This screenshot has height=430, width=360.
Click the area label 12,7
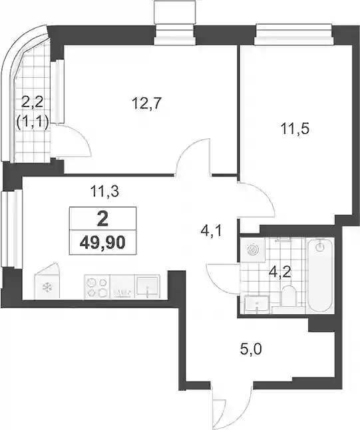(146, 103)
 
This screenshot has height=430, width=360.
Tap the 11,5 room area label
(295, 128)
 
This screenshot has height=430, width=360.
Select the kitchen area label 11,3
(105, 191)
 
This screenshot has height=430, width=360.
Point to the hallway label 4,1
(211, 232)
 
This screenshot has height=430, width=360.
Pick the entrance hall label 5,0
(251, 349)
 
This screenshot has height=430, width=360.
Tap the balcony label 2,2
(33, 103)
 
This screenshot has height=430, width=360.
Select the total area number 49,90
(102, 242)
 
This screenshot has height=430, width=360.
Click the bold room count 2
(102, 219)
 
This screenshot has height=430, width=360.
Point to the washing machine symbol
(253, 250)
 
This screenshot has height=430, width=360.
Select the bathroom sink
(256, 304)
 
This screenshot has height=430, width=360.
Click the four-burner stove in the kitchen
(96, 287)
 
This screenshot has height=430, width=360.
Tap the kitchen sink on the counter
(147, 287)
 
